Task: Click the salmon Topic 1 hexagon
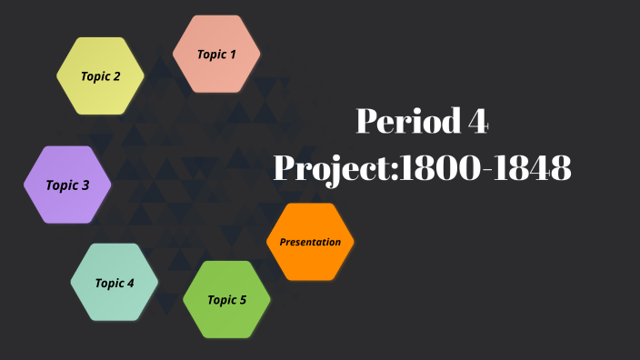(x=216, y=55)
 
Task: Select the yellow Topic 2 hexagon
(x=100, y=76)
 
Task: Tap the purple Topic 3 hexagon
(x=67, y=185)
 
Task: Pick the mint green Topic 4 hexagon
(x=115, y=283)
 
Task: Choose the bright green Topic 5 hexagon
(x=226, y=299)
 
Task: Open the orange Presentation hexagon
(x=310, y=242)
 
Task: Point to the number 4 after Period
(x=479, y=121)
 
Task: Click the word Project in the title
(x=332, y=168)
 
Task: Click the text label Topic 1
(x=216, y=55)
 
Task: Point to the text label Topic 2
(x=100, y=76)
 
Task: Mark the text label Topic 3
(x=67, y=185)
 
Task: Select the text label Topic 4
(x=115, y=283)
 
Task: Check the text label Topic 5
(x=226, y=299)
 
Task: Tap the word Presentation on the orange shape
(x=310, y=242)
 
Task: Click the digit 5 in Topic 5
(x=243, y=299)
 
